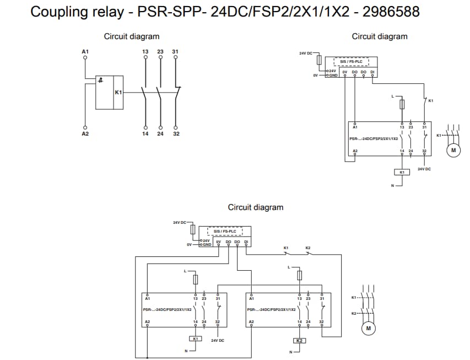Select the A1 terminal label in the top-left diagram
(x=85, y=52)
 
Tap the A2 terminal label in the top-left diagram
(x=85, y=134)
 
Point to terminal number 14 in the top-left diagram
(x=145, y=134)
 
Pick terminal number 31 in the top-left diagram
(x=175, y=52)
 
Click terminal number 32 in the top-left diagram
(x=175, y=134)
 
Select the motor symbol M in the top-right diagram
(x=454, y=150)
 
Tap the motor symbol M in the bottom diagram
(x=368, y=329)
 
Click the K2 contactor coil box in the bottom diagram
(x=299, y=341)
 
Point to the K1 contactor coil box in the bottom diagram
(x=196, y=338)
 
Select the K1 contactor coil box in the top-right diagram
(x=402, y=173)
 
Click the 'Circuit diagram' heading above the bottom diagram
(x=256, y=207)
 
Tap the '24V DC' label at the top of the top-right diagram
(x=305, y=53)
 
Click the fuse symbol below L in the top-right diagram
(x=402, y=105)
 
